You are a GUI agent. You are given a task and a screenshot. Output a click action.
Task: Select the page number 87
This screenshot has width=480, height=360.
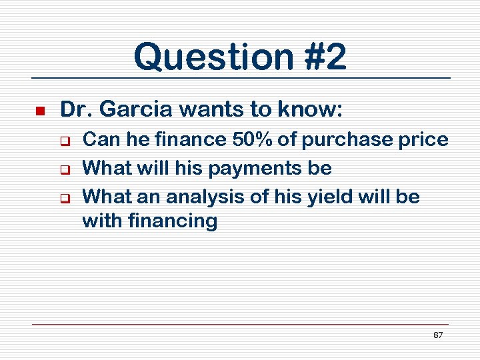click(x=438, y=335)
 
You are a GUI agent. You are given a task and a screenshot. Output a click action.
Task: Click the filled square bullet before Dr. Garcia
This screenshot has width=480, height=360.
click(x=39, y=110)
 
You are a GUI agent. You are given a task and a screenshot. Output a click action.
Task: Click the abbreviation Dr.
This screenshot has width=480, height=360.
click(x=73, y=109)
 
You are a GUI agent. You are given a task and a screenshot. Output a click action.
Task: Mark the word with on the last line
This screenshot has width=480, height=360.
click(x=99, y=220)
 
